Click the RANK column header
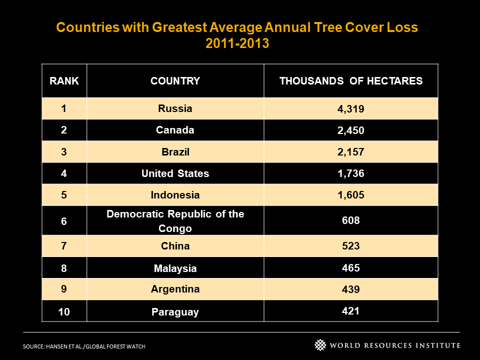tap(64, 81)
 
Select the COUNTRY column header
tap(175, 81)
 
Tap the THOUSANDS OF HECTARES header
tap(351, 81)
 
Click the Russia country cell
tap(175, 108)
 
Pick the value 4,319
tap(351, 109)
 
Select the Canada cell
tap(175, 130)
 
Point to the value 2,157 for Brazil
tap(351, 152)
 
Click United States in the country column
tap(175, 173)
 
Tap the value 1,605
tap(351, 195)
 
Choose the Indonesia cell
tap(175, 195)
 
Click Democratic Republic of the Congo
tap(175, 221)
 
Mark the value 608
tap(351, 220)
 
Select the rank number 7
tap(63, 246)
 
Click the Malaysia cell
tap(175, 268)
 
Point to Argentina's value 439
tap(351, 289)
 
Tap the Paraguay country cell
tap(175, 312)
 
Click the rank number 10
tap(64, 312)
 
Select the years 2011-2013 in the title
tap(237, 43)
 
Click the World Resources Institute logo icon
tap(320, 345)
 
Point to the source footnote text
tap(84, 346)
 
